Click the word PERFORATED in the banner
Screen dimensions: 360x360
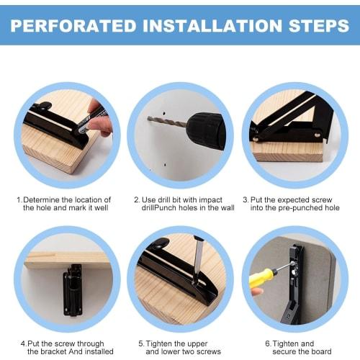73,26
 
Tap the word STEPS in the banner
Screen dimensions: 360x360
318,26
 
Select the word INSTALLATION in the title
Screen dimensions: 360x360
212,26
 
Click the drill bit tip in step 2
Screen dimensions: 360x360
148,118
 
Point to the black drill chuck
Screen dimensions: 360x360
206,131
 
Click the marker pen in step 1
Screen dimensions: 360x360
93,120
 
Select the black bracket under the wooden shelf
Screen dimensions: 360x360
73,290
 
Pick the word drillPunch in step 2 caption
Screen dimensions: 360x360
162,208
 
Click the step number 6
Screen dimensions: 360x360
268,343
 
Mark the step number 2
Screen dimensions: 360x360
137,199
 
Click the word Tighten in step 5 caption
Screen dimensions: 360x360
158,344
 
